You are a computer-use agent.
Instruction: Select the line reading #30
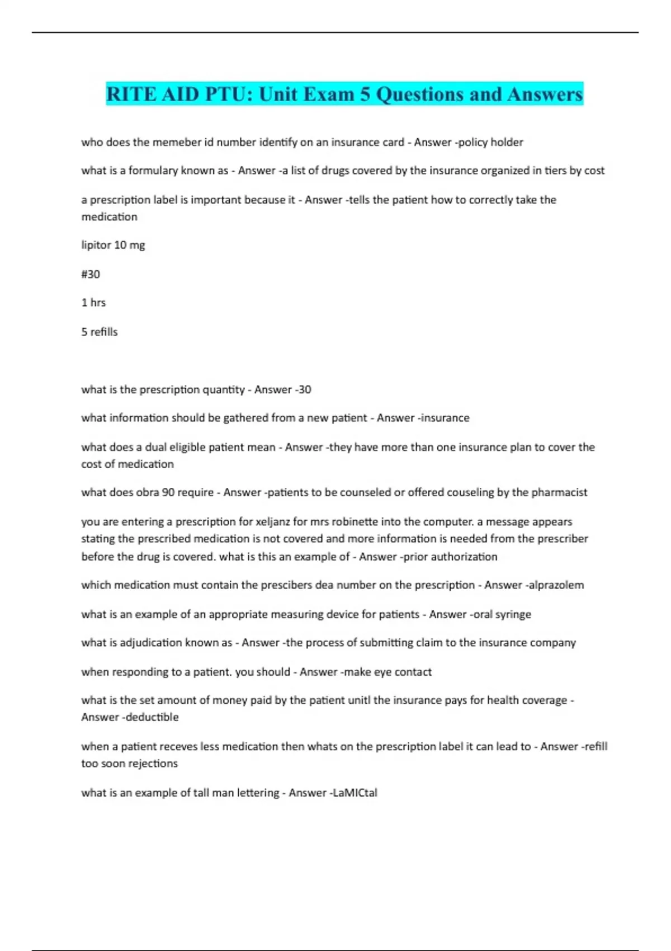click(x=91, y=274)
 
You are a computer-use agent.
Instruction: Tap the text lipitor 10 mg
click(x=113, y=245)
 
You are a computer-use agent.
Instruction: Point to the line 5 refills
click(x=100, y=332)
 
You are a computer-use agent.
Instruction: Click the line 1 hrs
click(x=93, y=303)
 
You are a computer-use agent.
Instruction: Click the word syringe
click(x=513, y=614)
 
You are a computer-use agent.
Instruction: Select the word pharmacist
click(x=559, y=493)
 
